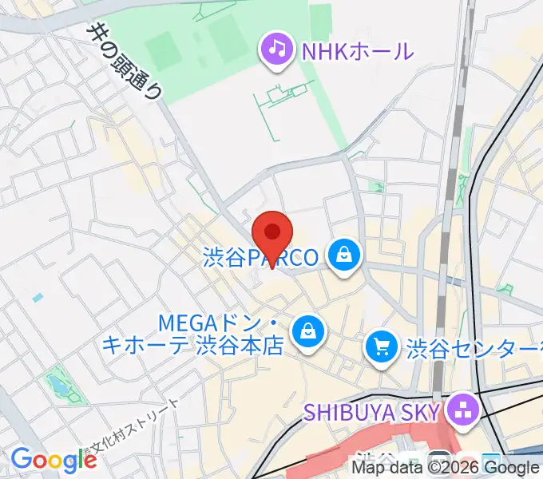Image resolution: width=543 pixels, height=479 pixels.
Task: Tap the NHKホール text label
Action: pyautogui.click(x=357, y=52)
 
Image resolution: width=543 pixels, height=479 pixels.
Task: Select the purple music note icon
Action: pyautogui.click(x=276, y=49)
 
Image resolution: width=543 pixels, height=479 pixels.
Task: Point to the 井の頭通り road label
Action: pyautogui.click(x=125, y=61)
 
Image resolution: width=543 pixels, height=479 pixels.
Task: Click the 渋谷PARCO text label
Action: pyautogui.click(x=260, y=258)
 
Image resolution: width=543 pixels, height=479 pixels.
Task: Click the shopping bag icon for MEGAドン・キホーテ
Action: pyautogui.click(x=306, y=331)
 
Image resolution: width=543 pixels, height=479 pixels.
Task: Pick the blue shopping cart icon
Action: pyautogui.click(x=382, y=346)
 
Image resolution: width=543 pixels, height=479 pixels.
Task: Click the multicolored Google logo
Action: pyautogui.click(x=54, y=461)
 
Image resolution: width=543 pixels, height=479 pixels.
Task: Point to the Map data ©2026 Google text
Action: pyautogui.click(x=446, y=467)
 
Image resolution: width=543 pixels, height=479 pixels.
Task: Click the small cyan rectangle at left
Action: pyautogui.click(x=38, y=297)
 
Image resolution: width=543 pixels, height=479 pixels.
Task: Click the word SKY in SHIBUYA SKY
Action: pyautogui.click(x=420, y=412)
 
